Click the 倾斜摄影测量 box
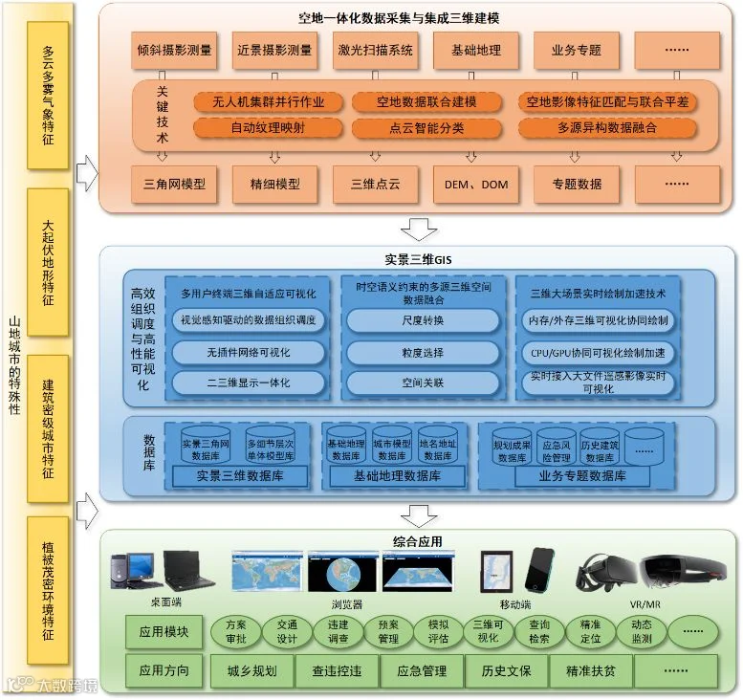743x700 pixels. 174,51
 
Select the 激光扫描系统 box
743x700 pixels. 376,51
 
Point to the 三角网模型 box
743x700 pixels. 174,184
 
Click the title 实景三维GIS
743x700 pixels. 409,258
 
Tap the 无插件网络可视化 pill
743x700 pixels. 248,352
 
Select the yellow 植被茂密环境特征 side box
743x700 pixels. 48,591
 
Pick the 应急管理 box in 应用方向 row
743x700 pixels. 422,670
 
